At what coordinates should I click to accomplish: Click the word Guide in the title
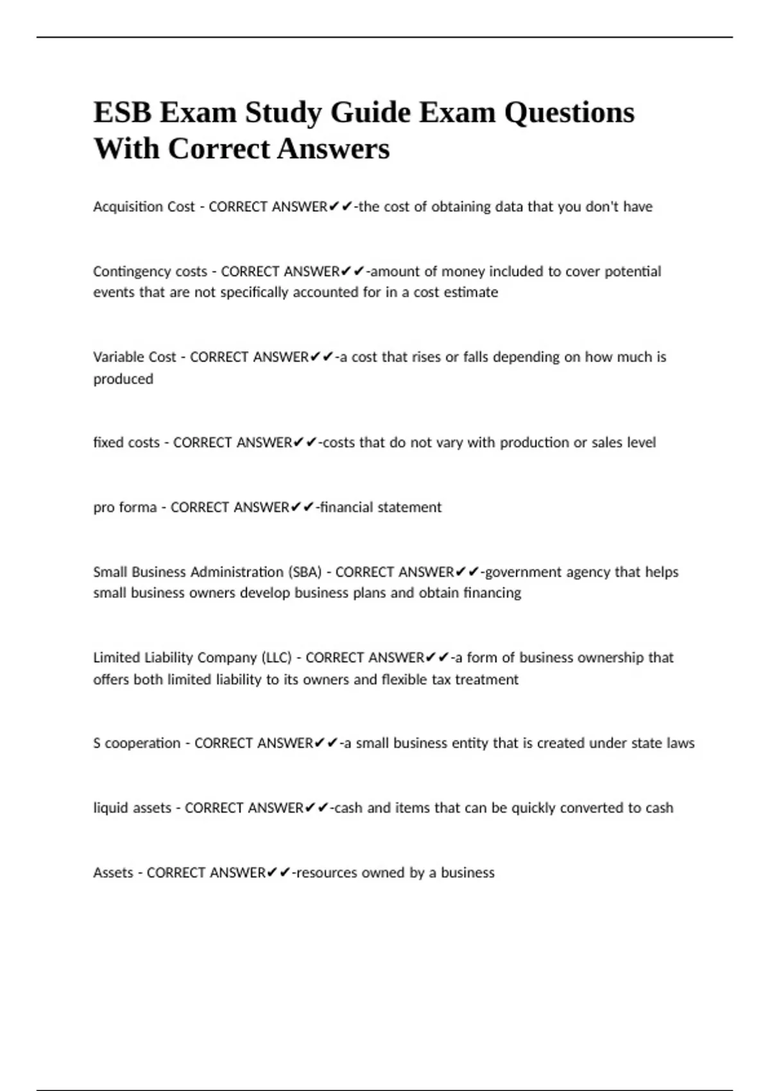pos(370,113)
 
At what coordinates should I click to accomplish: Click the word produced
pos(123,379)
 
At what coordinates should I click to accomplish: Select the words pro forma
pos(124,508)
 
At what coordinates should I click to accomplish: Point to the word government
pos(526,572)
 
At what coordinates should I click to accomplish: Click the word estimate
pos(474,293)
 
